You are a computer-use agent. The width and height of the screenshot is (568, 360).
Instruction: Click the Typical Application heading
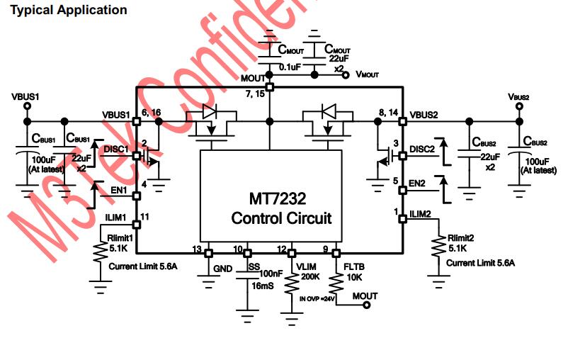(x=68, y=10)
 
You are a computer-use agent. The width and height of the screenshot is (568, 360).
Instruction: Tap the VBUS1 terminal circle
(x=27, y=106)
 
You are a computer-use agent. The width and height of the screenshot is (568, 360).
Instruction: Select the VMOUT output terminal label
(x=367, y=74)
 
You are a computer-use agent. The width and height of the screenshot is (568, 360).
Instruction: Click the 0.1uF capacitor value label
(x=290, y=67)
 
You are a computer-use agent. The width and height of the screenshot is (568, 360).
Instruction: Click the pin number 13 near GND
(x=198, y=249)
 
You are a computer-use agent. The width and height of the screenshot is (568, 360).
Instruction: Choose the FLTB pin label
(x=354, y=267)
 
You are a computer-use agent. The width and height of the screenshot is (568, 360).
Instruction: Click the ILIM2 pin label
(x=422, y=214)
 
